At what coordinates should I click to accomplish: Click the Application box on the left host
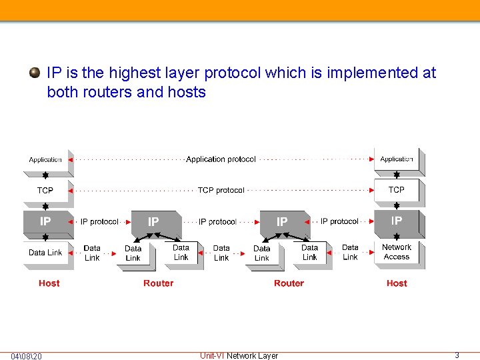click(45, 160)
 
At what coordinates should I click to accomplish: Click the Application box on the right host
click(397, 159)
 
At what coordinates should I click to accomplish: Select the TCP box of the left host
click(45, 191)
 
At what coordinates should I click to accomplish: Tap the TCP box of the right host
click(397, 190)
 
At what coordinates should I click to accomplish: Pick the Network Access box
click(397, 252)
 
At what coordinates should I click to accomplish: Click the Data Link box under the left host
click(45, 253)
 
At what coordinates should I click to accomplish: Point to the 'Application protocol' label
click(221, 159)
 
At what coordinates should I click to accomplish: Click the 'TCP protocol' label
click(221, 191)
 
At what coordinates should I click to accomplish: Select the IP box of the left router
click(153, 222)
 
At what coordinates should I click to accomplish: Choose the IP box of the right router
click(282, 222)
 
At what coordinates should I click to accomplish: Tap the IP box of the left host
click(45, 221)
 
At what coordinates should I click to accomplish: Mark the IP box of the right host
click(397, 221)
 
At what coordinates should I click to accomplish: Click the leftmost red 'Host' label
click(49, 283)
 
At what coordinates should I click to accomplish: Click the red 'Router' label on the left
click(158, 283)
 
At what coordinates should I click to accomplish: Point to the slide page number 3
click(457, 355)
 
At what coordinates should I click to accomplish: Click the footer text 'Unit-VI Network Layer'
click(239, 356)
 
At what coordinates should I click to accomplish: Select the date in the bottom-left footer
click(26, 357)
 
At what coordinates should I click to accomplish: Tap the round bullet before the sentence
click(35, 73)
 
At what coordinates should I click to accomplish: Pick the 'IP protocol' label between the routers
click(217, 222)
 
